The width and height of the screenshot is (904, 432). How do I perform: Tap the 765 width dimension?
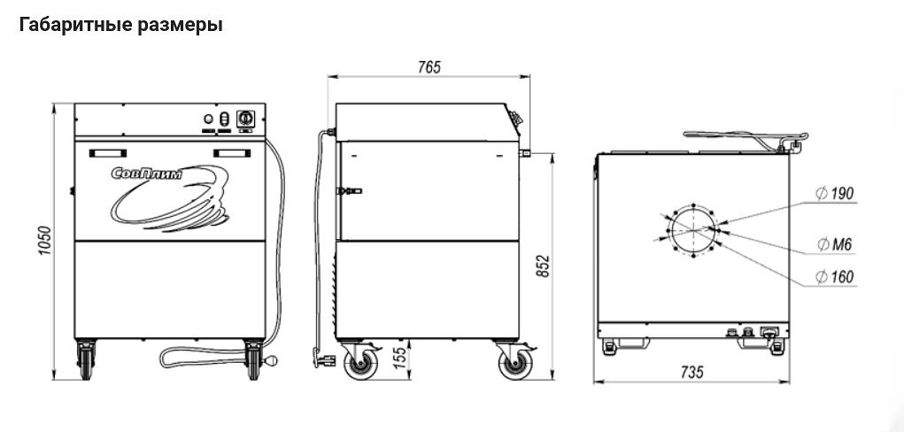(x=429, y=67)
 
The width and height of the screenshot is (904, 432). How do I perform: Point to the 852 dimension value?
(x=545, y=266)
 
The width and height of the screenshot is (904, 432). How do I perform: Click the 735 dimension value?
(x=692, y=373)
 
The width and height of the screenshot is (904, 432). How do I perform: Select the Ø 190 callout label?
(x=834, y=193)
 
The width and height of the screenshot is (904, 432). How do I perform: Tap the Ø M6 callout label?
(x=834, y=244)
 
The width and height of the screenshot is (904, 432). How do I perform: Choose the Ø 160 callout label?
(x=834, y=277)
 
